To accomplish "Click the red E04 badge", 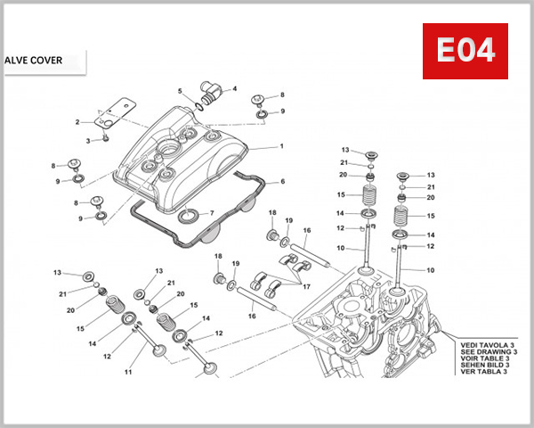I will pyautogui.click(x=464, y=52).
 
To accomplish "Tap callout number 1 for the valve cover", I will pyautogui.click(x=281, y=146).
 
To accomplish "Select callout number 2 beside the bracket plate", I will pyautogui.click(x=77, y=122).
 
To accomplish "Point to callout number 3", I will pyautogui.click(x=88, y=141).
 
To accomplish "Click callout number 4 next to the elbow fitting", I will pyautogui.click(x=235, y=88).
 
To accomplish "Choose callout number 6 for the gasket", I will pyautogui.click(x=282, y=182).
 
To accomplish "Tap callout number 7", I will pyautogui.click(x=211, y=212).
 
